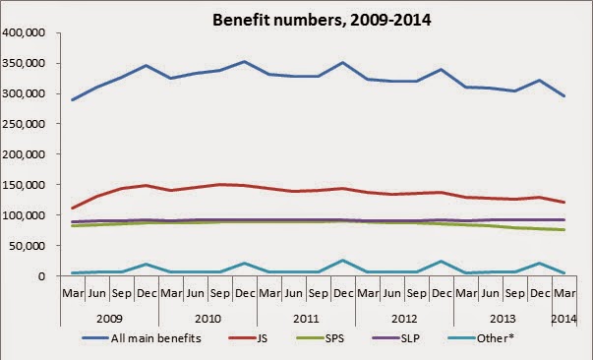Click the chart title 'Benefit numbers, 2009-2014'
pos(322,20)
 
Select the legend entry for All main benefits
pos(142,338)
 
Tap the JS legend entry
pos(248,338)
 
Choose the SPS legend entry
pos(321,338)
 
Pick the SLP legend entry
pos(396,338)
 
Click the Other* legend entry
pos(481,338)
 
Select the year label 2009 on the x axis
pos(109,319)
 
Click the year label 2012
pos(404,319)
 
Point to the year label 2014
pos(563,319)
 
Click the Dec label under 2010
pos(245,293)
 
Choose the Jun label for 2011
pos(294,293)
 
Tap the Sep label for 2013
pos(515,293)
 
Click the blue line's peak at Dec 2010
pos(245,61)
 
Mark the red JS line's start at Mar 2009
pos(72,208)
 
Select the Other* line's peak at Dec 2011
pos(343,261)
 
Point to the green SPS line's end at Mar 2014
pos(564,229)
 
